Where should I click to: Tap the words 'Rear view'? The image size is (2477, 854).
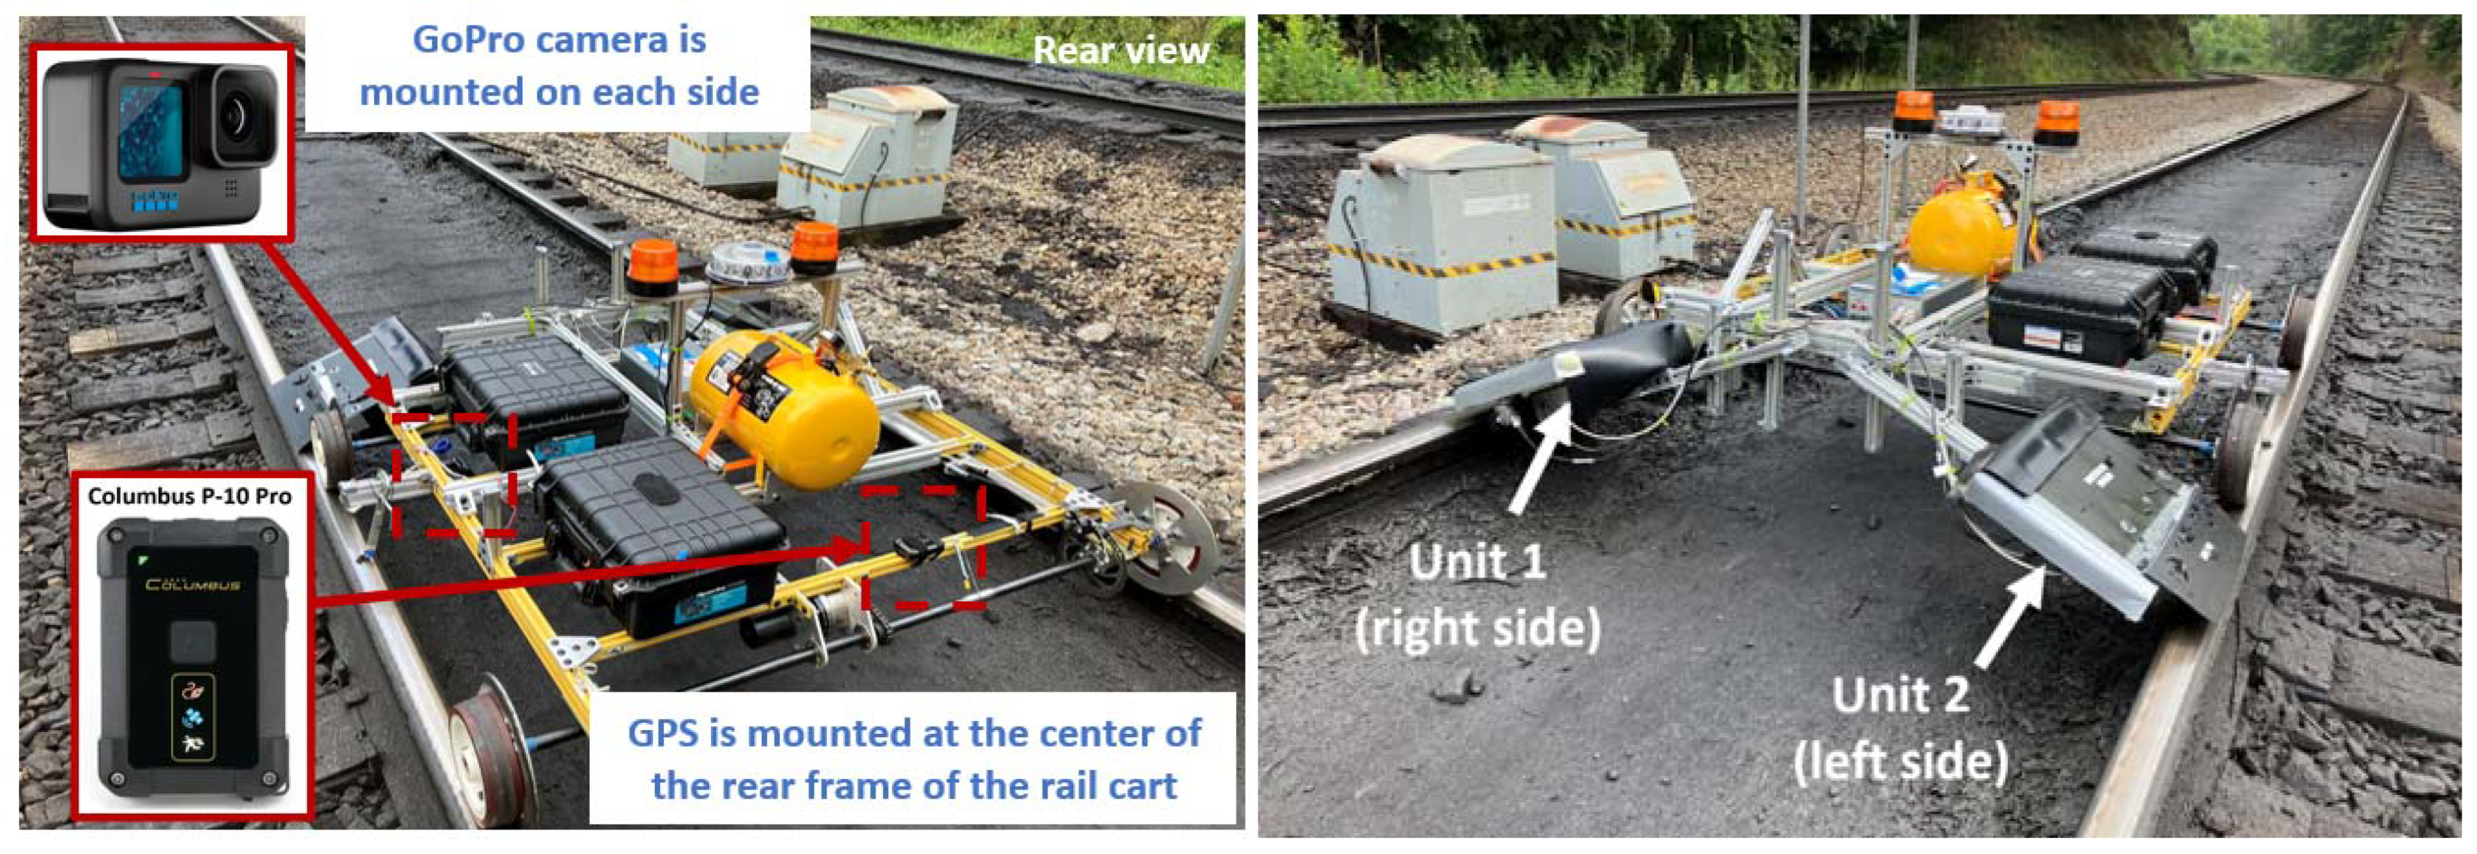click(x=1121, y=50)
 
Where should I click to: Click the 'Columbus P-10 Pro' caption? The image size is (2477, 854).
click(x=190, y=497)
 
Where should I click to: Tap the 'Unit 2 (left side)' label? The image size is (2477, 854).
click(x=1901, y=729)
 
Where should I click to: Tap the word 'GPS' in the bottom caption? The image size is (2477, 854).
click(x=663, y=733)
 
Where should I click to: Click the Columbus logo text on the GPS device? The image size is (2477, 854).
click(x=192, y=583)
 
